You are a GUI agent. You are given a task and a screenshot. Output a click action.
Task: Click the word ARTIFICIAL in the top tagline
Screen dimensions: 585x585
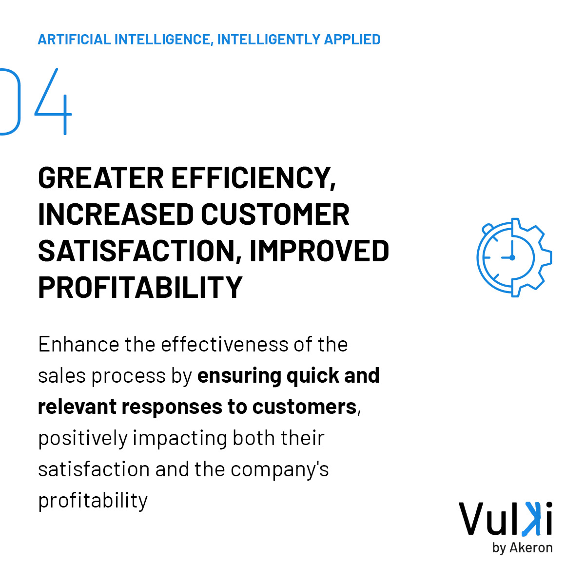(x=73, y=39)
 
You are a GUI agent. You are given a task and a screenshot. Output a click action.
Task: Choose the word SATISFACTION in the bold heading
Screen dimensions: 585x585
(x=136, y=251)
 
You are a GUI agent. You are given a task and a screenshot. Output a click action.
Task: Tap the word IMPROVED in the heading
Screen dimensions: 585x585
(x=319, y=251)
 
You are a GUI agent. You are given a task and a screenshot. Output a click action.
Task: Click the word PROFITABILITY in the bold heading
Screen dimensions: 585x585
(x=140, y=287)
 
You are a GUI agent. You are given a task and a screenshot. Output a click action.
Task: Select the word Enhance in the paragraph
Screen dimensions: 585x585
(x=78, y=345)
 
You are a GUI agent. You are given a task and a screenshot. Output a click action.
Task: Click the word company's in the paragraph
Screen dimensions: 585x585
(x=280, y=469)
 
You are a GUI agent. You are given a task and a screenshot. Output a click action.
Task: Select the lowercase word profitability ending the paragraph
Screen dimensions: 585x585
(x=93, y=501)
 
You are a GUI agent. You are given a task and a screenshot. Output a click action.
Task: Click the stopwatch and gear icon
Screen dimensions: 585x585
(x=514, y=257)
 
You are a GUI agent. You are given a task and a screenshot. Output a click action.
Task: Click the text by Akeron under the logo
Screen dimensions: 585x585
(x=522, y=547)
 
